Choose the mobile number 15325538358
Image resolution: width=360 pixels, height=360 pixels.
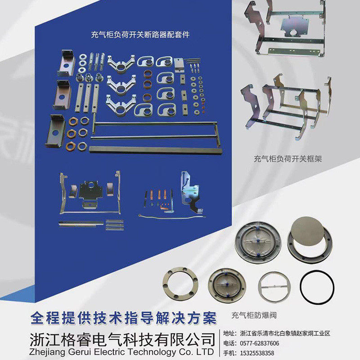click(x=258, y=352)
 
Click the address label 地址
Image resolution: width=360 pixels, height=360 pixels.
click(x=230, y=333)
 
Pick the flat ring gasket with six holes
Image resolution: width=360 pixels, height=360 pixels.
click(x=180, y=284)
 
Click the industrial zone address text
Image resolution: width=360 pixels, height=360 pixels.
click(x=285, y=333)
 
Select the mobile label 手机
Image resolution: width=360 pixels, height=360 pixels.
click(x=230, y=352)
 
